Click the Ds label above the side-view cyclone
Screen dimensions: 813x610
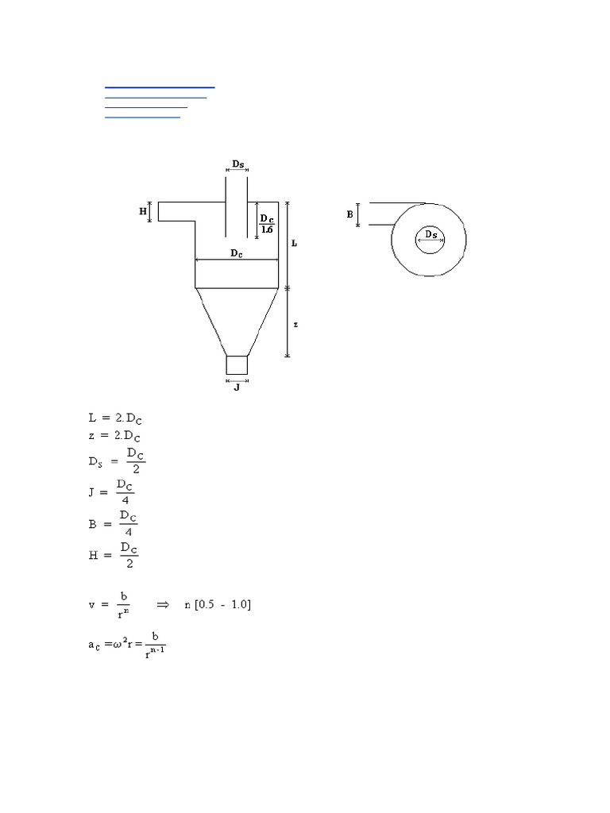[x=238, y=164]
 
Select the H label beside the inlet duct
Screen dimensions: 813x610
[x=143, y=211]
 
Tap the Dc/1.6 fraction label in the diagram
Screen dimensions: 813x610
[x=268, y=224]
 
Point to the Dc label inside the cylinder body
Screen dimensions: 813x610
[x=237, y=252]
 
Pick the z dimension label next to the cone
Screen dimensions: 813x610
[x=294, y=325]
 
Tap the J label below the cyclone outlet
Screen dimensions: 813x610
[x=237, y=388]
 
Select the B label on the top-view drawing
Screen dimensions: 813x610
[x=349, y=214]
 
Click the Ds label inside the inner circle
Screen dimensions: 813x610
[x=430, y=234]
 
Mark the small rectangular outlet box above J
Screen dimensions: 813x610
[x=237, y=365]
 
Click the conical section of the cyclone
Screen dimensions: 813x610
[x=237, y=318]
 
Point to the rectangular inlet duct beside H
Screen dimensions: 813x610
[x=176, y=211]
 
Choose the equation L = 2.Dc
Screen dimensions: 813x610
[x=115, y=418]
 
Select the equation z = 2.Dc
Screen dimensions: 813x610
[x=115, y=436]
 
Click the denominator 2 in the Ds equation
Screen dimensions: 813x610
[x=136, y=468]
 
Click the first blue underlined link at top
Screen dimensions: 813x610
[x=160, y=86]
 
